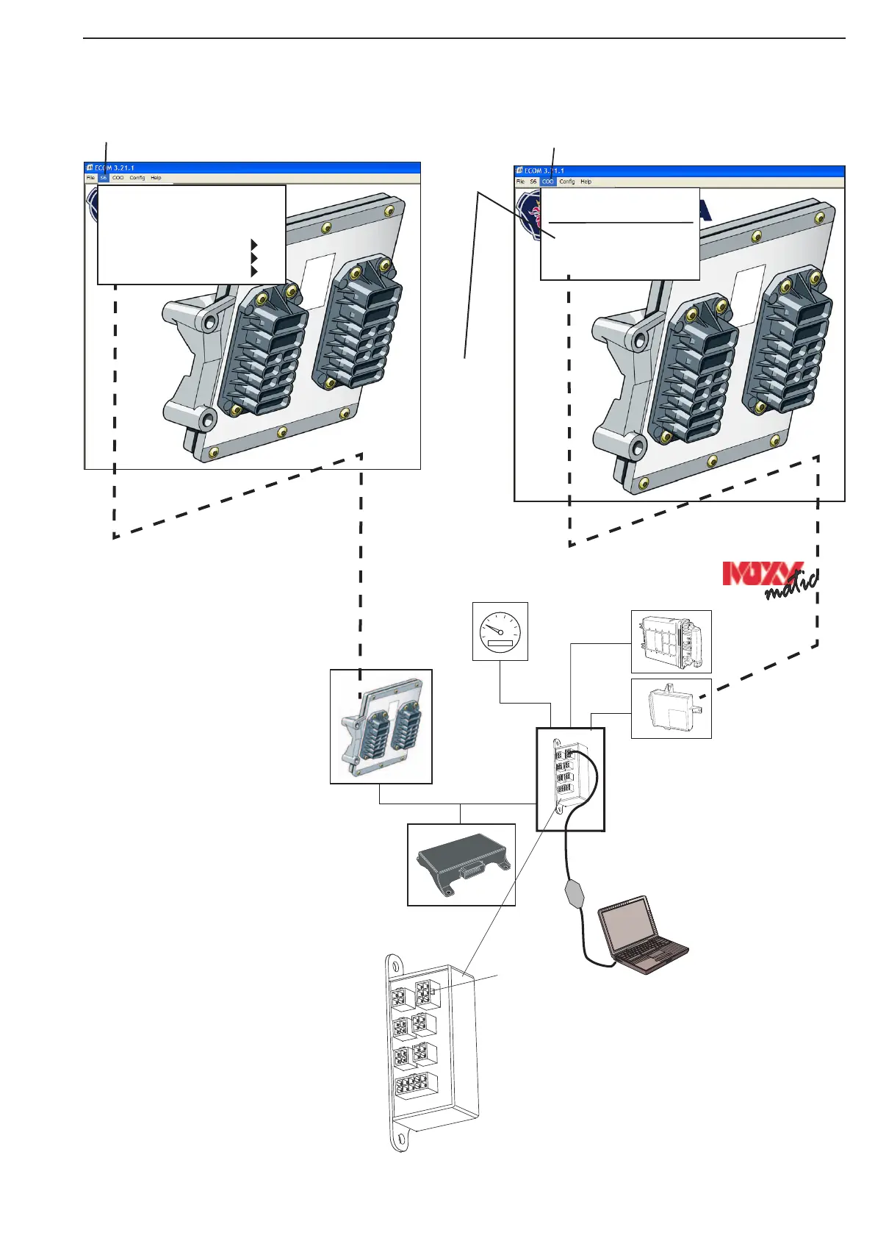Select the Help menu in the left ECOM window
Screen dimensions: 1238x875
pyautogui.click(x=156, y=178)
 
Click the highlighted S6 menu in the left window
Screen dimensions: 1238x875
pyautogui.click(x=104, y=178)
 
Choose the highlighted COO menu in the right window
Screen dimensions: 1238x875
pyautogui.click(x=548, y=182)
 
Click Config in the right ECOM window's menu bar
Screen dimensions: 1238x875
pyautogui.click(x=567, y=182)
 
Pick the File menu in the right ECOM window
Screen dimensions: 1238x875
pyautogui.click(x=520, y=182)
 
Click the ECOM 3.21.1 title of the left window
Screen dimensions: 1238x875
pyautogui.click(x=115, y=168)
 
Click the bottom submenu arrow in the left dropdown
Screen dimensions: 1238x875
pyautogui.click(x=254, y=271)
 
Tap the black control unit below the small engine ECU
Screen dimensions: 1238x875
pyautogui.click(x=461, y=865)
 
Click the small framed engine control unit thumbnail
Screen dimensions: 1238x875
pyautogui.click(x=381, y=726)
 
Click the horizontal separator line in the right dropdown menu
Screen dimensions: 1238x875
pyautogui.click(x=621, y=222)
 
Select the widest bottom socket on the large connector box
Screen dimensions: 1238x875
pyautogui.click(x=411, y=1087)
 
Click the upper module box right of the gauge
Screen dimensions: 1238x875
pyautogui.click(x=671, y=641)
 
